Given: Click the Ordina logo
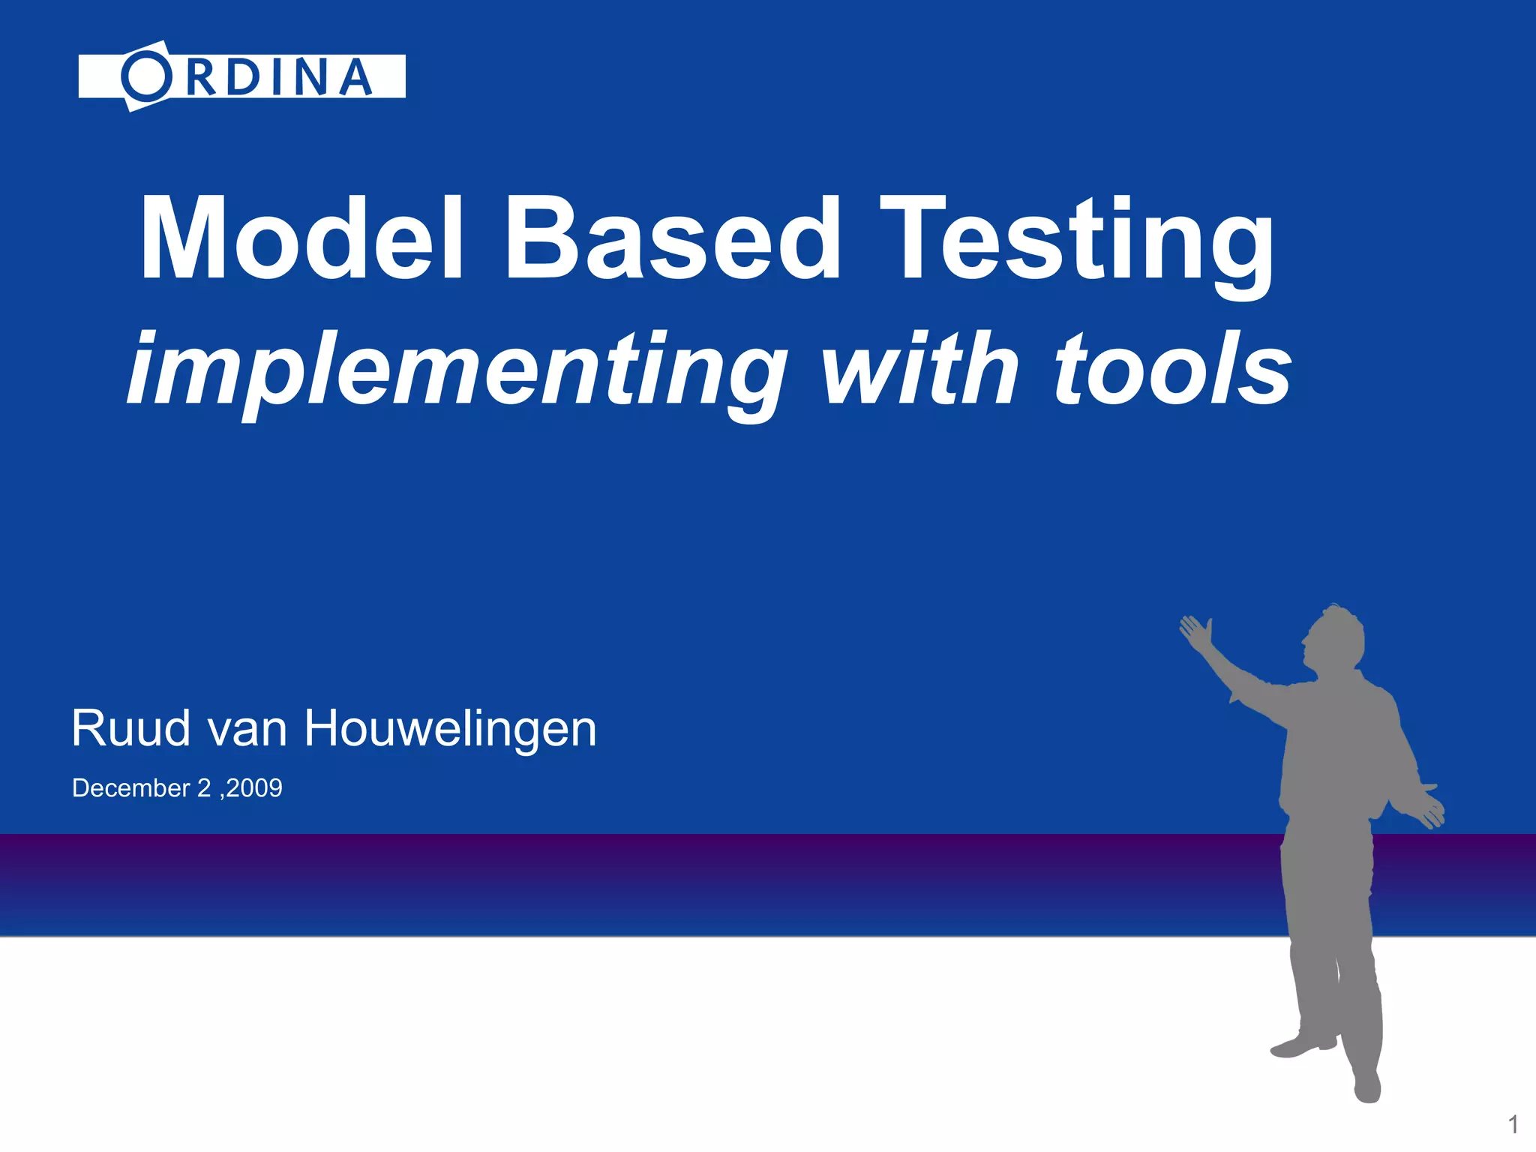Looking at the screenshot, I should (x=241, y=76).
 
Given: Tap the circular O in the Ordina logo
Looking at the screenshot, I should (x=146, y=76).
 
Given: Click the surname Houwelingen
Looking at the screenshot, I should (x=450, y=730).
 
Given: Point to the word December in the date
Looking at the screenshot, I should (x=131, y=788).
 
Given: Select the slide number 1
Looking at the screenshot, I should (x=1513, y=1124).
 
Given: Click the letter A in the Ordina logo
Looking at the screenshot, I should (x=355, y=77).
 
